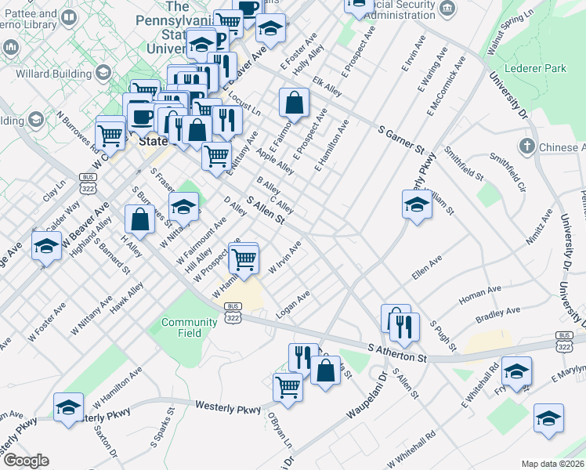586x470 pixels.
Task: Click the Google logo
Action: click(25, 461)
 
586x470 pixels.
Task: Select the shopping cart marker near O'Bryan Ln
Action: click(288, 386)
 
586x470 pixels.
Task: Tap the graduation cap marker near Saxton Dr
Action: click(69, 407)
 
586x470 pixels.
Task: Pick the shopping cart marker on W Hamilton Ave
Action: click(245, 258)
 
